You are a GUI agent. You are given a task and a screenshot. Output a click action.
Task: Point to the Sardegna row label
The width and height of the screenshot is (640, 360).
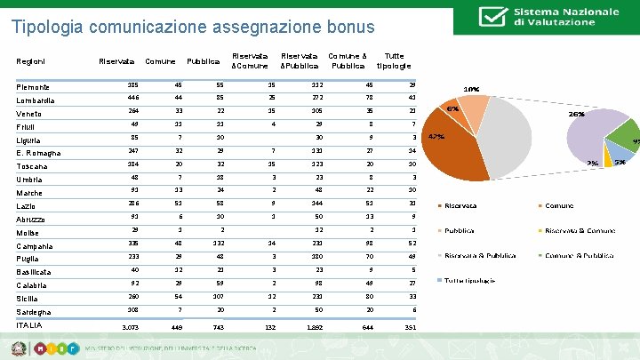(x=36, y=312)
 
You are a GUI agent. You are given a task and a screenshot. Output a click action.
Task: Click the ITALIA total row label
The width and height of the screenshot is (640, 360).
(x=31, y=325)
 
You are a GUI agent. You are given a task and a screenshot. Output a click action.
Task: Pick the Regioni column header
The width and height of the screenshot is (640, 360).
(x=32, y=61)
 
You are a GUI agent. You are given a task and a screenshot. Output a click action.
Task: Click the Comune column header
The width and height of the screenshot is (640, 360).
(x=160, y=61)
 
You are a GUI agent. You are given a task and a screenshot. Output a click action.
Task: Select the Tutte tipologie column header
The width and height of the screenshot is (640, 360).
(x=394, y=60)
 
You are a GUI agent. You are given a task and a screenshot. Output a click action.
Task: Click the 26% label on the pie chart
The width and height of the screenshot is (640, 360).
(x=576, y=115)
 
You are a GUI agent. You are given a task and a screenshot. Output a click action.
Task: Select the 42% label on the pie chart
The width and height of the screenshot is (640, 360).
(x=436, y=137)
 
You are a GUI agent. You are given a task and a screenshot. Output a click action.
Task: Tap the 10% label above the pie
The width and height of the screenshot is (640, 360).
(x=471, y=90)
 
